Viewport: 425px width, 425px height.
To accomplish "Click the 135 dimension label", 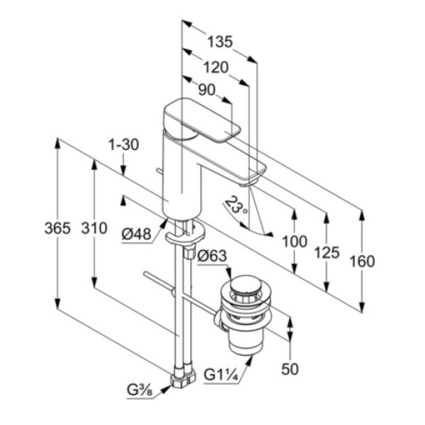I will click(219, 42).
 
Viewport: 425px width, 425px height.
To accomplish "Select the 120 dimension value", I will click(215, 67).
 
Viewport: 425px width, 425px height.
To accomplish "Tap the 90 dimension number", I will click(207, 90).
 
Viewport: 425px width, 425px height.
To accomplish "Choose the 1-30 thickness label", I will click(123, 144).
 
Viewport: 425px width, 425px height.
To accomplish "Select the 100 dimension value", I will click(294, 241).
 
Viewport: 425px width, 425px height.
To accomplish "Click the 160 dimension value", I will click(362, 261).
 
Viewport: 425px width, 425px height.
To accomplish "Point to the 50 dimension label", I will click(290, 368).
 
